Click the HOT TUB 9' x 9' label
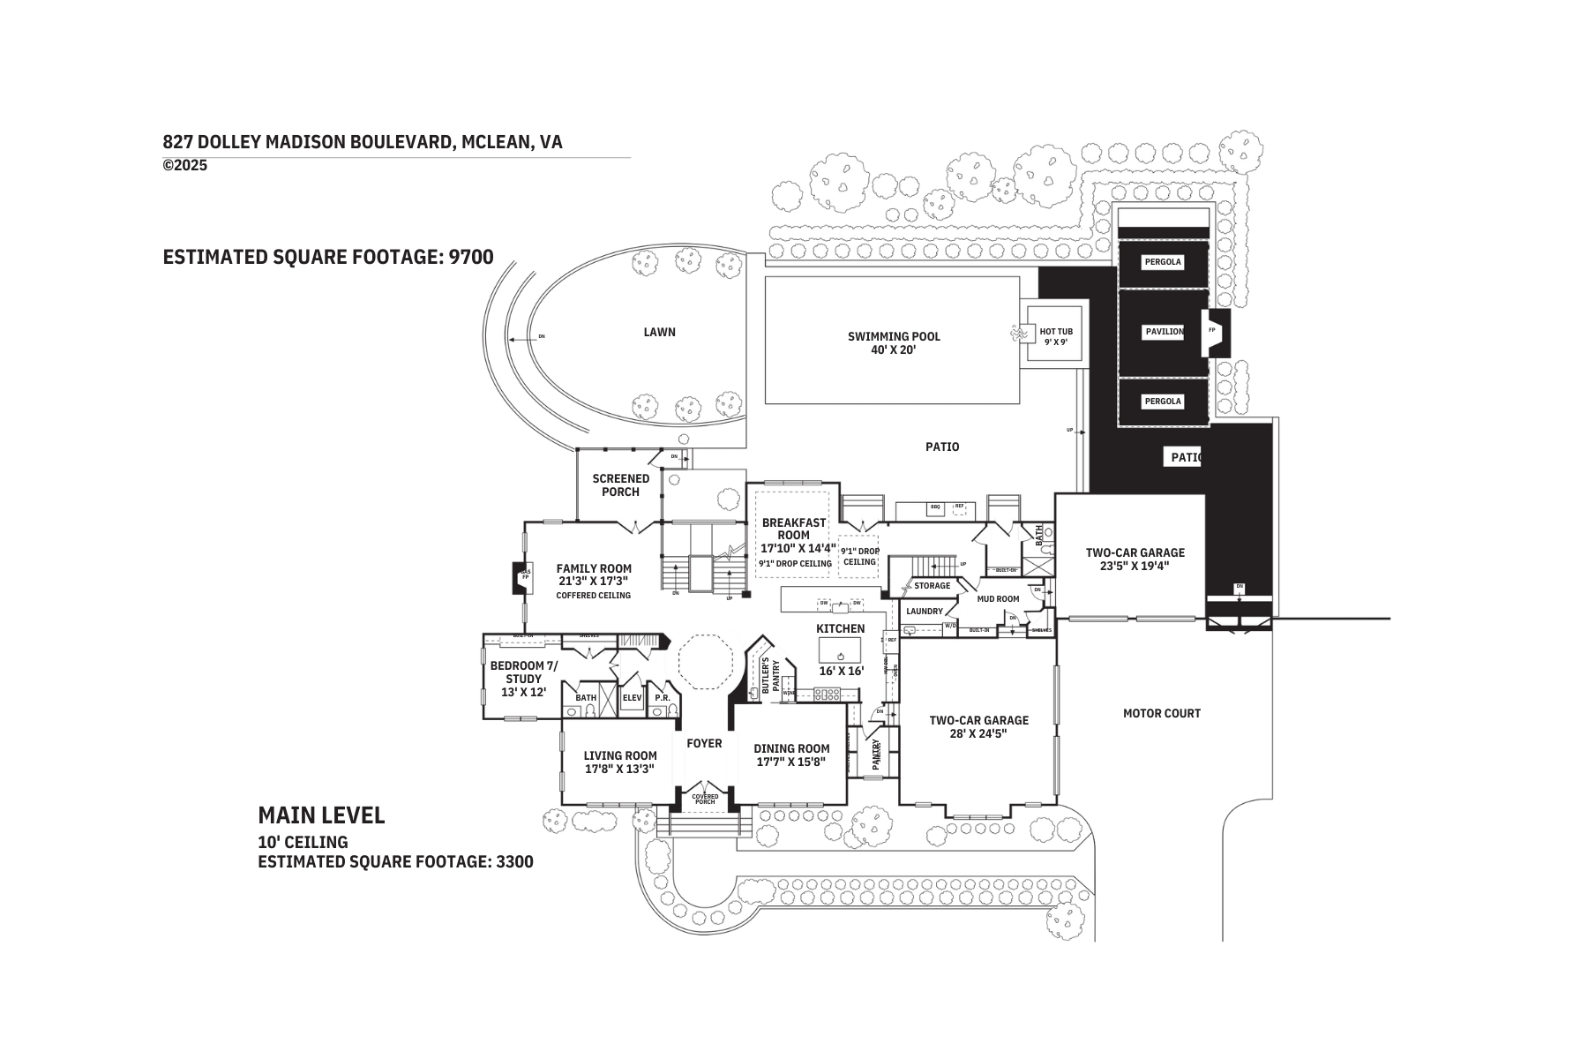click(1055, 336)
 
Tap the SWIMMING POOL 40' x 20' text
click(894, 342)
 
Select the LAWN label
click(659, 332)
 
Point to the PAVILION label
click(1164, 332)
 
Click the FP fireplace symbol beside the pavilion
click(1213, 331)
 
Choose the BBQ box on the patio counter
click(935, 507)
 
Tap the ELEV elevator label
click(632, 697)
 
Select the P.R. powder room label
click(663, 697)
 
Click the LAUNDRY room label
click(925, 611)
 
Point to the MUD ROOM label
click(998, 598)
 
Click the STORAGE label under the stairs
click(932, 585)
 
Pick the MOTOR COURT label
click(1161, 713)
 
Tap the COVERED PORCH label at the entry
click(704, 799)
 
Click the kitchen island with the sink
click(840, 651)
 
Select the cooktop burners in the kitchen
click(828, 695)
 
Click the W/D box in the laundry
click(950, 626)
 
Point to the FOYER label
click(704, 743)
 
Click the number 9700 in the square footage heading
click(470, 257)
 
